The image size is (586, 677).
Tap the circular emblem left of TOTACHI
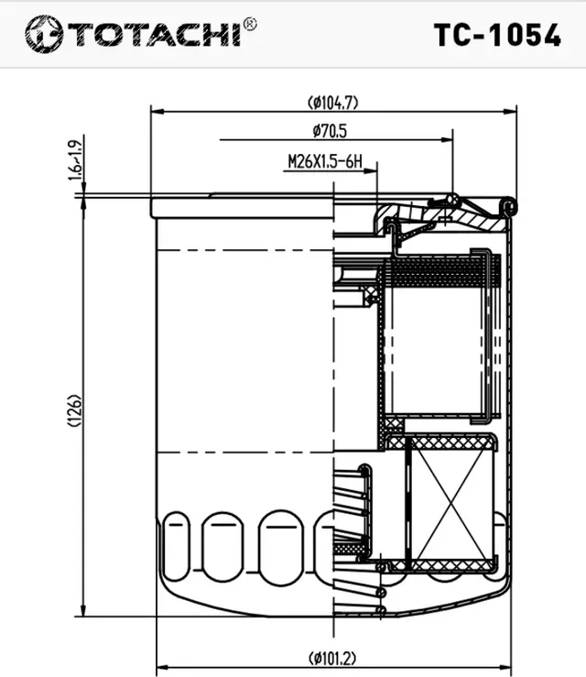pyautogui.click(x=42, y=34)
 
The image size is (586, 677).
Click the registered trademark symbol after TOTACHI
pyautogui.click(x=250, y=24)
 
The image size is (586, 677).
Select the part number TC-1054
pyautogui.click(x=497, y=34)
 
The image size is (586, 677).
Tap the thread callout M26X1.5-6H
pyautogui.click(x=325, y=162)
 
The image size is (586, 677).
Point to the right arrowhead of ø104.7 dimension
pyautogui.click(x=513, y=111)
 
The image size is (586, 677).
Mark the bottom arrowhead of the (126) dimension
pyautogui.click(x=83, y=611)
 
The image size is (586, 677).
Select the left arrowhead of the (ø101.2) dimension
pyautogui.click(x=162, y=666)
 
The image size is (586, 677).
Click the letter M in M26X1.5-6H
pyautogui.click(x=292, y=162)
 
